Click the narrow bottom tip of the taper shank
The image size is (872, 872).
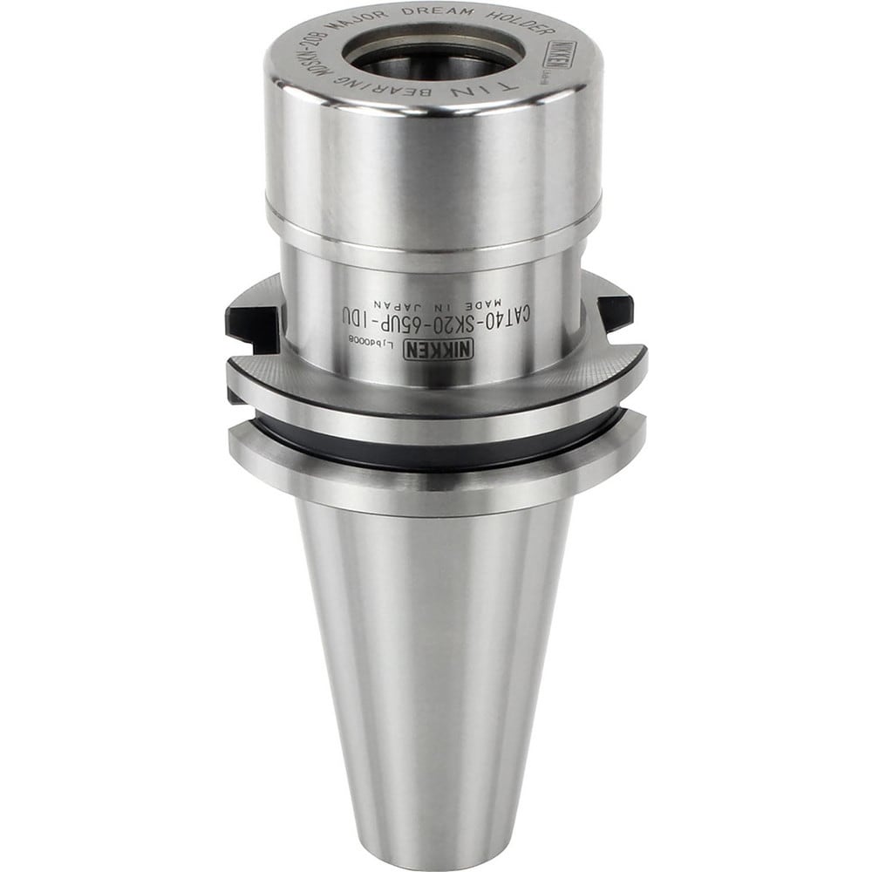[x=436, y=850]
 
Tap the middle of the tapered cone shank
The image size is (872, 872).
[x=436, y=663]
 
